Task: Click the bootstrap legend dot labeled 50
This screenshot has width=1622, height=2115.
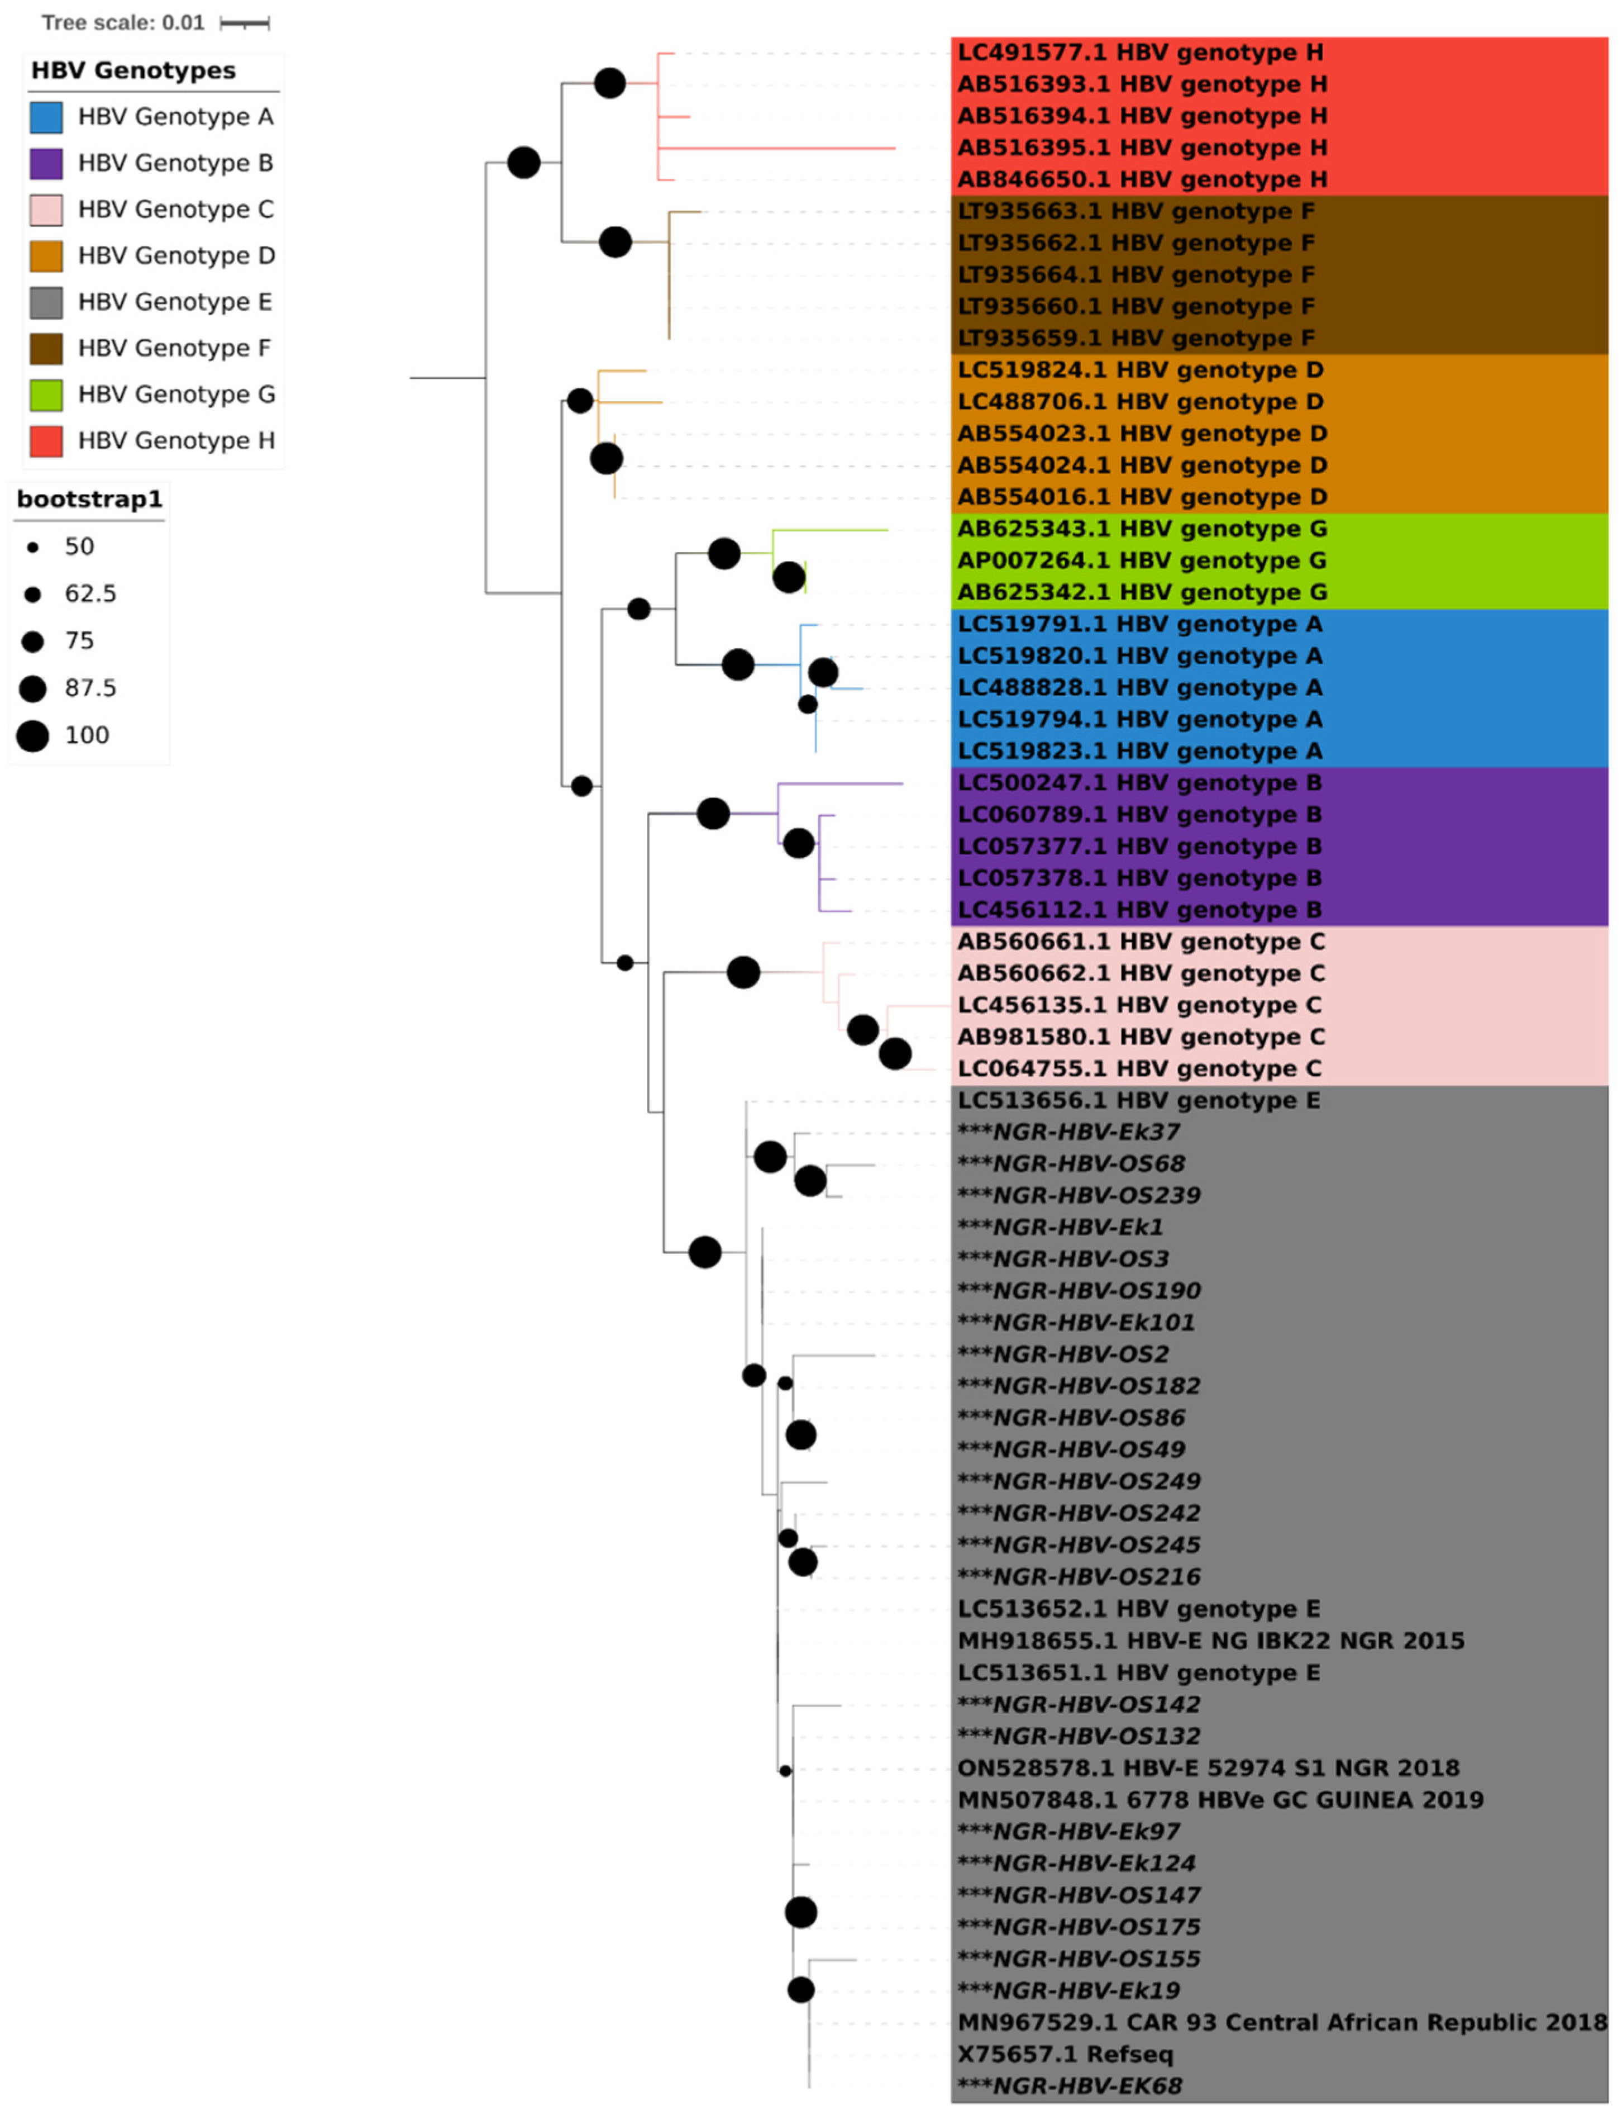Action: [33, 548]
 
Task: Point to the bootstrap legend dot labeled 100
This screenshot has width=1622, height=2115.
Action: [33, 736]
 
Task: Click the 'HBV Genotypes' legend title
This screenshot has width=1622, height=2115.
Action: [133, 70]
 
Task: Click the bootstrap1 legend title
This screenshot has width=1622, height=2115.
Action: [89, 500]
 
